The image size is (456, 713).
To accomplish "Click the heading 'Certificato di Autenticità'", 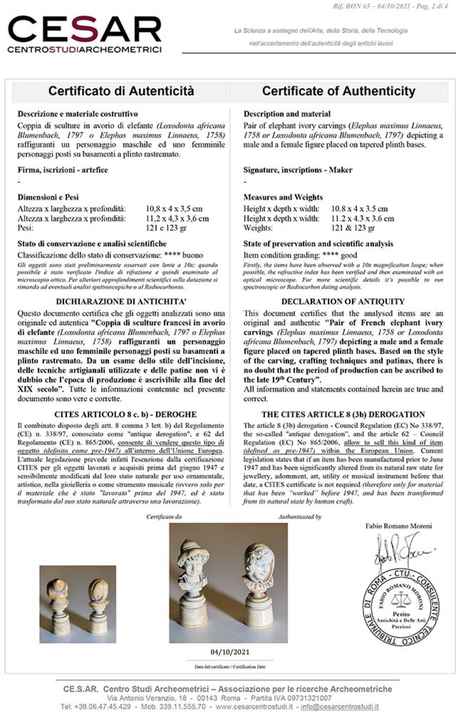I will click(121, 91).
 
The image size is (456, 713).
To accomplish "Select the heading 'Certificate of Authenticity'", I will click(339, 91).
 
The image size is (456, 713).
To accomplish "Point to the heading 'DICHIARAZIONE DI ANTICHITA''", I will click(121, 302).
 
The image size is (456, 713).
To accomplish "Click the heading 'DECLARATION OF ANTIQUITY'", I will click(343, 302).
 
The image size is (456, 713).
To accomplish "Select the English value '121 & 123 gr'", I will click(353, 228).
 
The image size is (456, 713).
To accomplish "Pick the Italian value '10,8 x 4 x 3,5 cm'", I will click(174, 209).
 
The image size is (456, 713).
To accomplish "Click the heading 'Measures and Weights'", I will click(283, 197).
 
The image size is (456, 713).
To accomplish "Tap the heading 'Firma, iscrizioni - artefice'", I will click(63, 170).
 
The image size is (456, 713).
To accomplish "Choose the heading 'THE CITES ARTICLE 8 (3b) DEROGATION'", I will click(343, 414).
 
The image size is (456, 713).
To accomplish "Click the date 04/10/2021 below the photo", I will click(230, 652).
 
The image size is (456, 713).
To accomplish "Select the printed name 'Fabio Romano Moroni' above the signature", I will click(398, 526).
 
